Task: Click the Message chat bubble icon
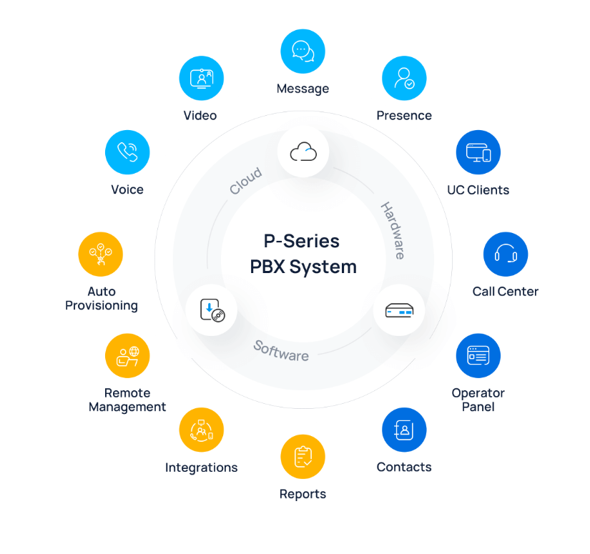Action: (303, 51)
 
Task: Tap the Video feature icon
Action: (202, 79)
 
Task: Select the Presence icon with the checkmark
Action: (404, 79)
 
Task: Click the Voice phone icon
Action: (127, 152)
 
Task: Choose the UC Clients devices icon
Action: (478, 152)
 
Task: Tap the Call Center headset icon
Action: (506, 254)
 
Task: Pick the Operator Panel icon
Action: (478, 355)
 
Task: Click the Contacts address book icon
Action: (404, 430)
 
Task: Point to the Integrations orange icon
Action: (202, 430)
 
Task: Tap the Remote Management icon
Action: (127, 355)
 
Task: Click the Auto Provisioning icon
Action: (101, 254)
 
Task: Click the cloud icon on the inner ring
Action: (303, 152)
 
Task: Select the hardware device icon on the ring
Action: (399, 310)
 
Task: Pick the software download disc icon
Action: (211, 310)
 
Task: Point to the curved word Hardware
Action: (393, 231)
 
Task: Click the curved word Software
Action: (281, 350)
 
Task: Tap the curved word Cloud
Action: (245, 182)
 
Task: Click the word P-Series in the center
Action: (300, 240)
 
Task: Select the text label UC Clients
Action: (478, 190)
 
